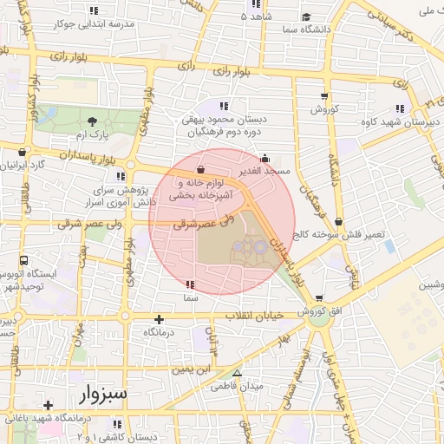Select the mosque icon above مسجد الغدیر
click(264, 159)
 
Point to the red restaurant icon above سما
click(190, 284)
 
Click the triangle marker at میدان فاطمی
click(237, 373)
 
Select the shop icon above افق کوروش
click(320, 298)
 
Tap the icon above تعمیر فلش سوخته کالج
click(337, 222)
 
